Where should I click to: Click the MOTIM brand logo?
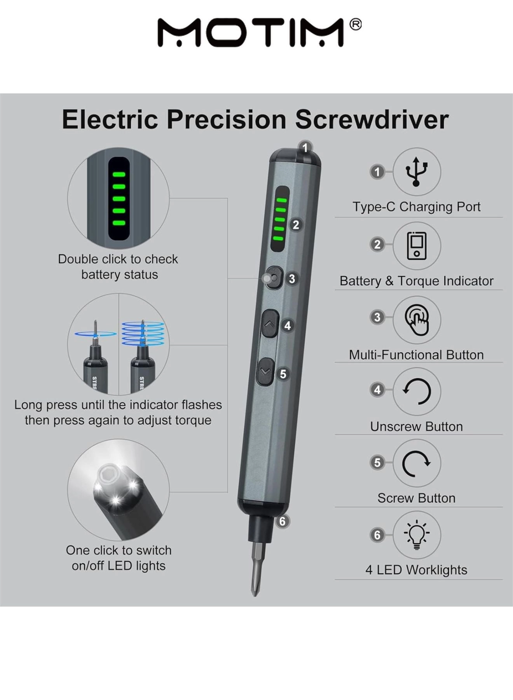(x=251, y=33)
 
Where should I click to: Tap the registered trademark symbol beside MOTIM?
(x=355, y=25)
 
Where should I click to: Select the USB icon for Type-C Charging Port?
(x=416, y=171)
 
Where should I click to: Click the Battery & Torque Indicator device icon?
(x=416, y=246)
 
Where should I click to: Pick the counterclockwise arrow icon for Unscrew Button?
(x=416, y=391)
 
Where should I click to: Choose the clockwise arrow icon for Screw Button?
(x=416, y=463)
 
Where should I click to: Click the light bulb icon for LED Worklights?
(x=416, y=535)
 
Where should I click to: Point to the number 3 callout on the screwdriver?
(x=292, y=279)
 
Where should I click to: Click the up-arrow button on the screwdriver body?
(x=270, y=324)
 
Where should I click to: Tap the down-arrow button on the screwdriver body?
(x=265, y=372)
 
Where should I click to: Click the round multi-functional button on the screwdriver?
(x=274, y=278)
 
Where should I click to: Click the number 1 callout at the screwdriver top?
(x=305, y=148)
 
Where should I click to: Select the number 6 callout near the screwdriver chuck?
(x=283, y=521)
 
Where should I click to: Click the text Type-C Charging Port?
(x=416, y=207)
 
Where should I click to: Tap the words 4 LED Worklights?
(x=416, y=570)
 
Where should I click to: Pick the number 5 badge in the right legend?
(x=377, y=463)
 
